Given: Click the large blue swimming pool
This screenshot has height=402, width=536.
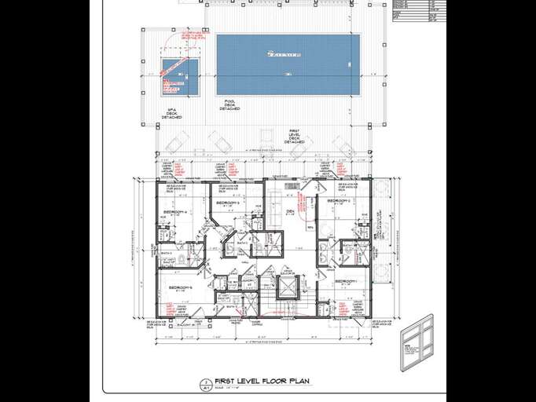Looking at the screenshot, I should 288,64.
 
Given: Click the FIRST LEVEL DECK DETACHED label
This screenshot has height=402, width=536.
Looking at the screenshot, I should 294,136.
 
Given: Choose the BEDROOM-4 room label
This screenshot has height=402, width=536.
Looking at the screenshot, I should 174,212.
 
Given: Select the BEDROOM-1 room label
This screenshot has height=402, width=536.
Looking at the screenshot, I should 346,281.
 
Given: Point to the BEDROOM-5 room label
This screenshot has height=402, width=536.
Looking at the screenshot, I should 181,288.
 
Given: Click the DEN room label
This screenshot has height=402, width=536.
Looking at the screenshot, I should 289,212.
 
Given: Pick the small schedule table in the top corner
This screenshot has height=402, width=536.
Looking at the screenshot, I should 414,9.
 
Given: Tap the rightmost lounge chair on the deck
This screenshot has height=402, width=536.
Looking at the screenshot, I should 342,145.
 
